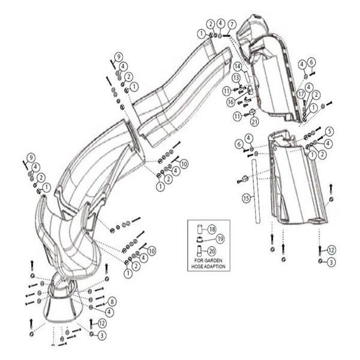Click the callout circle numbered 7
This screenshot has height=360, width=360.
(x=232, y=23)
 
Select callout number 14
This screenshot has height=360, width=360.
(x=238, y=66)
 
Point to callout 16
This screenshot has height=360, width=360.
(x=230, y=103)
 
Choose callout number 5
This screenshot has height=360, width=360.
(x=329, y=130)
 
